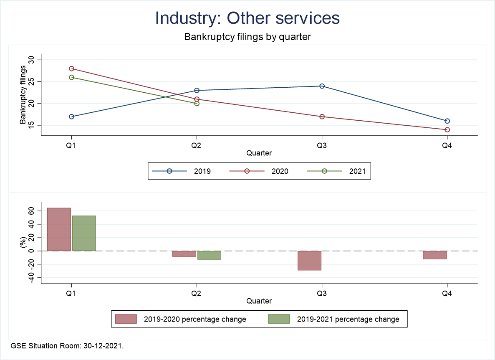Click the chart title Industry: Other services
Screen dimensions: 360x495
247,18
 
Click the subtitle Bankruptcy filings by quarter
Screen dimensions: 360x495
247,37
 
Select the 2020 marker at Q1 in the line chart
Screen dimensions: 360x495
71,68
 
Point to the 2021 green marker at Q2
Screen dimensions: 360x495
197,103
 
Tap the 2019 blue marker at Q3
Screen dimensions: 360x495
322,86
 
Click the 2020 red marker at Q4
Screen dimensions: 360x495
447,129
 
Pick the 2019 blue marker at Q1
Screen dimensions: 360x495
71,117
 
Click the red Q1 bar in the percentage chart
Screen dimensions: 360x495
59,229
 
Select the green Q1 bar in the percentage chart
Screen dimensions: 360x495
84,233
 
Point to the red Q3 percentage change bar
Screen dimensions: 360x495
309,261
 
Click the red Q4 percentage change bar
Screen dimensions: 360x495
434,255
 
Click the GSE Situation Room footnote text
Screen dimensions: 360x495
67,346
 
